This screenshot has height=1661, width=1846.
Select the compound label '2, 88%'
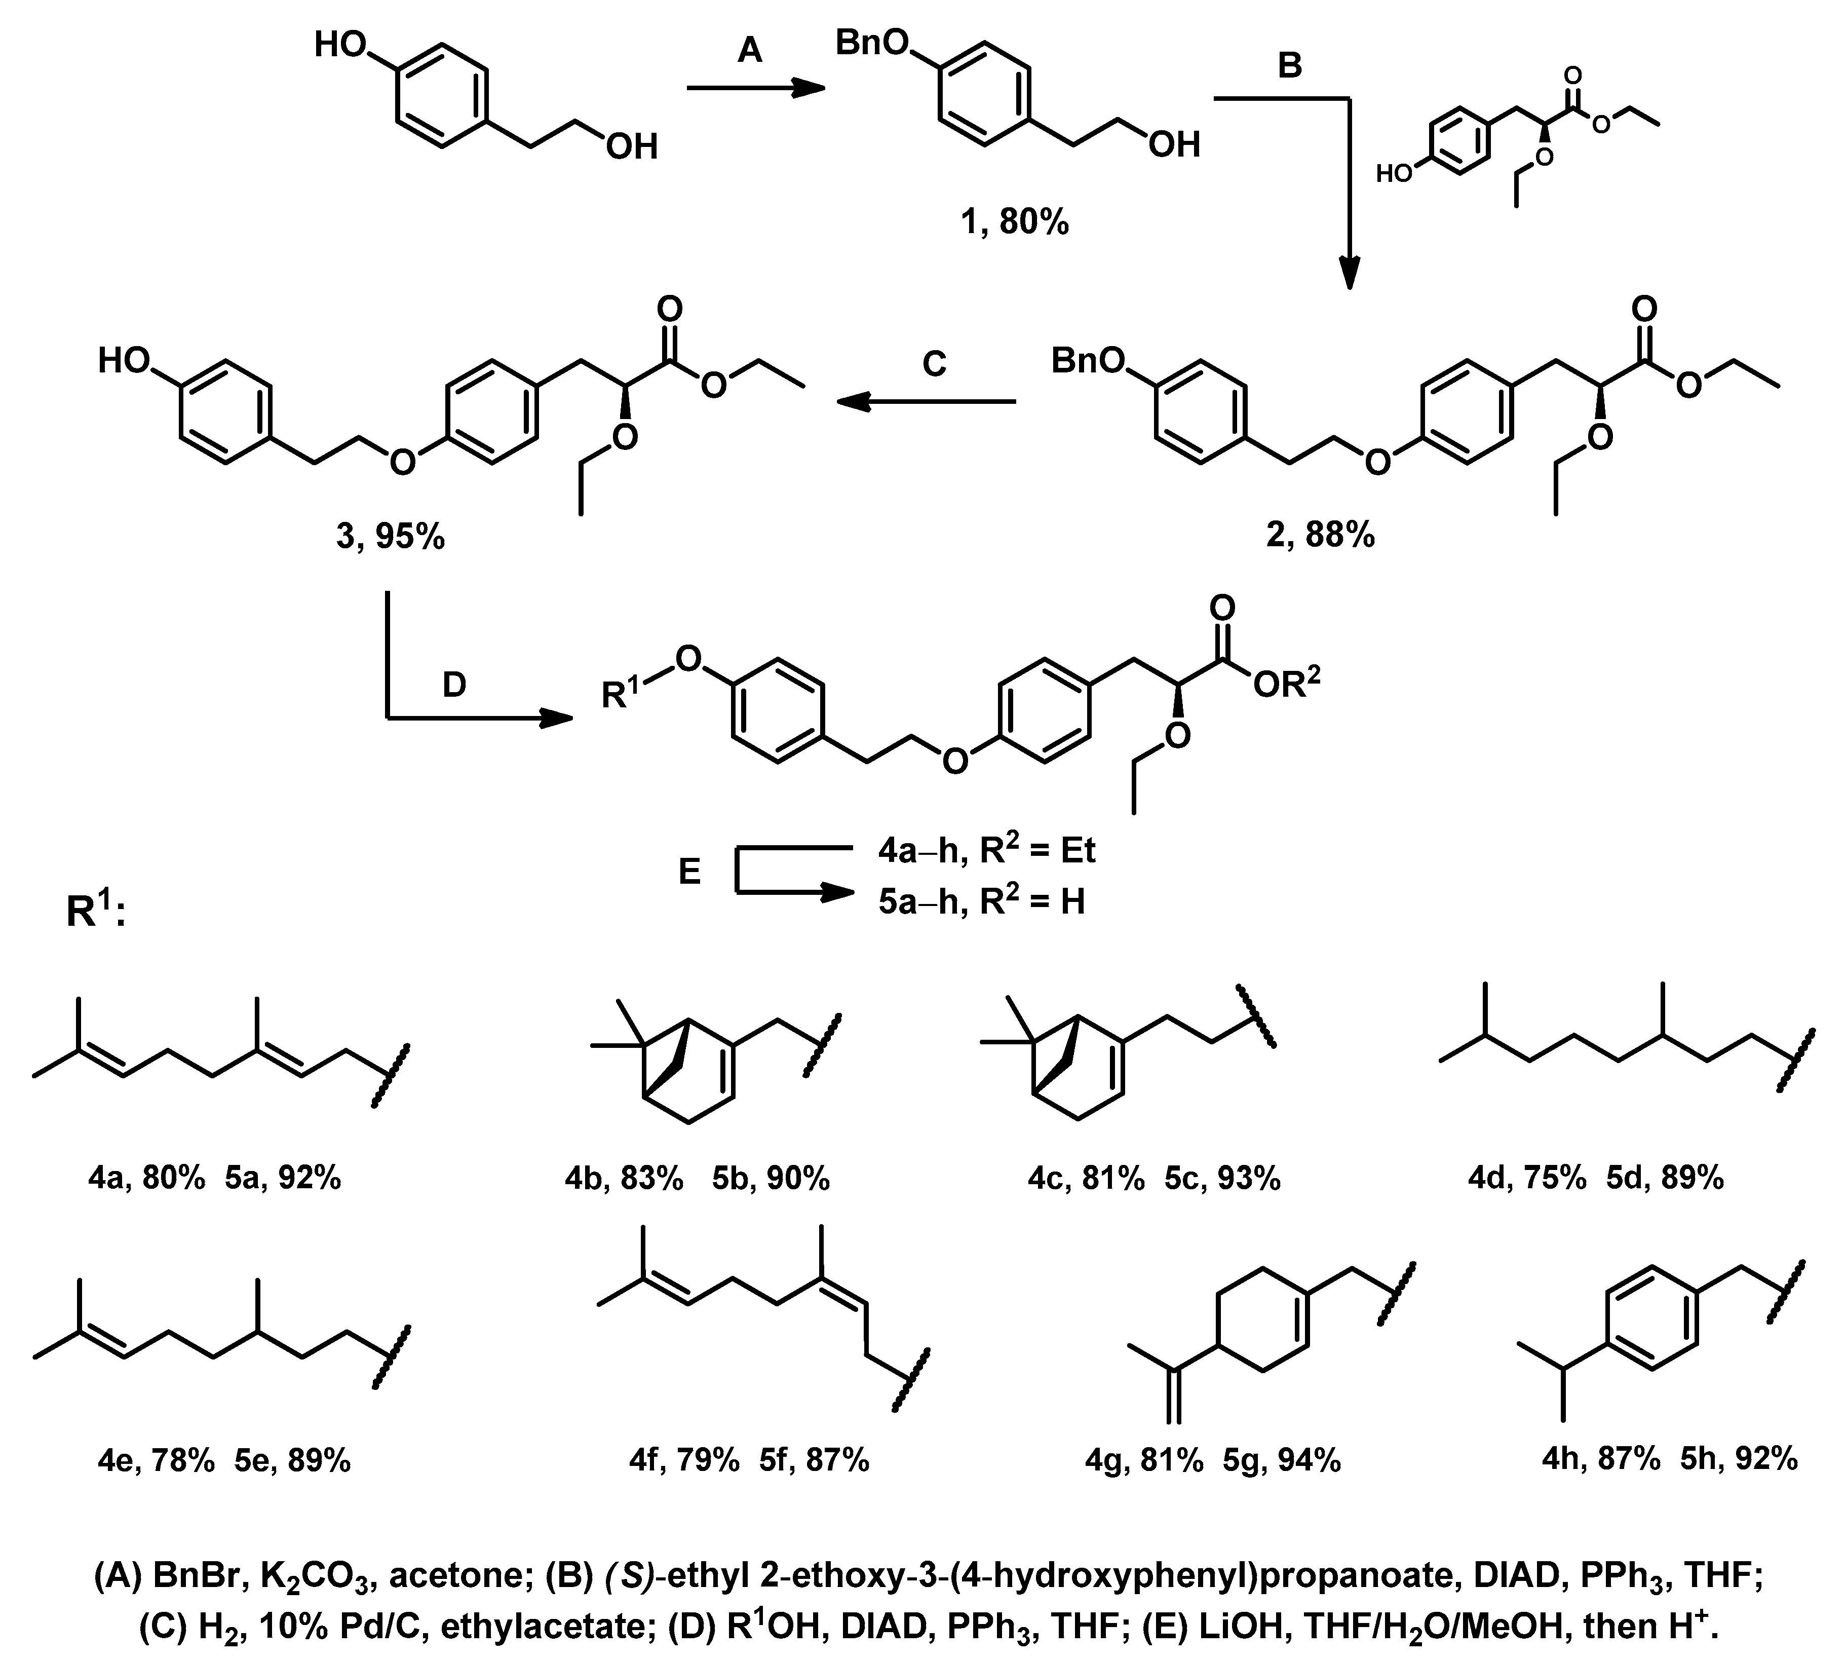pos(1320,535)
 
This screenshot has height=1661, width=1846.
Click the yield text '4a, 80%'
pos(146,1178)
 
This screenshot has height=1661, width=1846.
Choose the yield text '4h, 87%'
pos(1600,1458)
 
